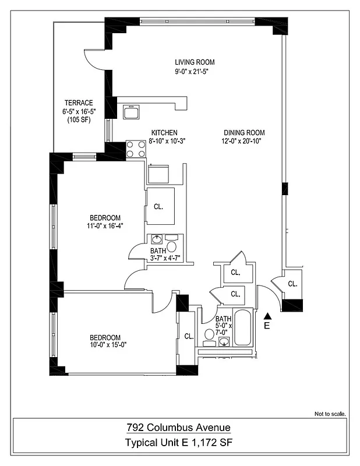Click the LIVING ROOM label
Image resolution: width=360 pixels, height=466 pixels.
click(x=195, y=62)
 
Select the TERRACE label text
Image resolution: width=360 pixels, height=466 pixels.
click(x=79, y=103)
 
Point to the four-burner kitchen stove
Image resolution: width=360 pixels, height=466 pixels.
click(x=135, y=149)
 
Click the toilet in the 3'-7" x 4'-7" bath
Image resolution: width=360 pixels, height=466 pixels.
click(x=172, y=241)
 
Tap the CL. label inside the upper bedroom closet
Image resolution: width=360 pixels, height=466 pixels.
click(x=158, y=206)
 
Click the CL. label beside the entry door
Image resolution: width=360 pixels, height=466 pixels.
click(x=292, y=284)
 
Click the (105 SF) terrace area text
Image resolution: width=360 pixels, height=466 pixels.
click(x=79, y=120)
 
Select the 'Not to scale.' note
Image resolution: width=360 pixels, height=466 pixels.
click(x=330, y=414)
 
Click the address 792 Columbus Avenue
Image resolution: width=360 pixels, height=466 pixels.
click(x=179, y=428)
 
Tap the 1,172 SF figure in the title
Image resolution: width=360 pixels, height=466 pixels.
click(x=213, y=444)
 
